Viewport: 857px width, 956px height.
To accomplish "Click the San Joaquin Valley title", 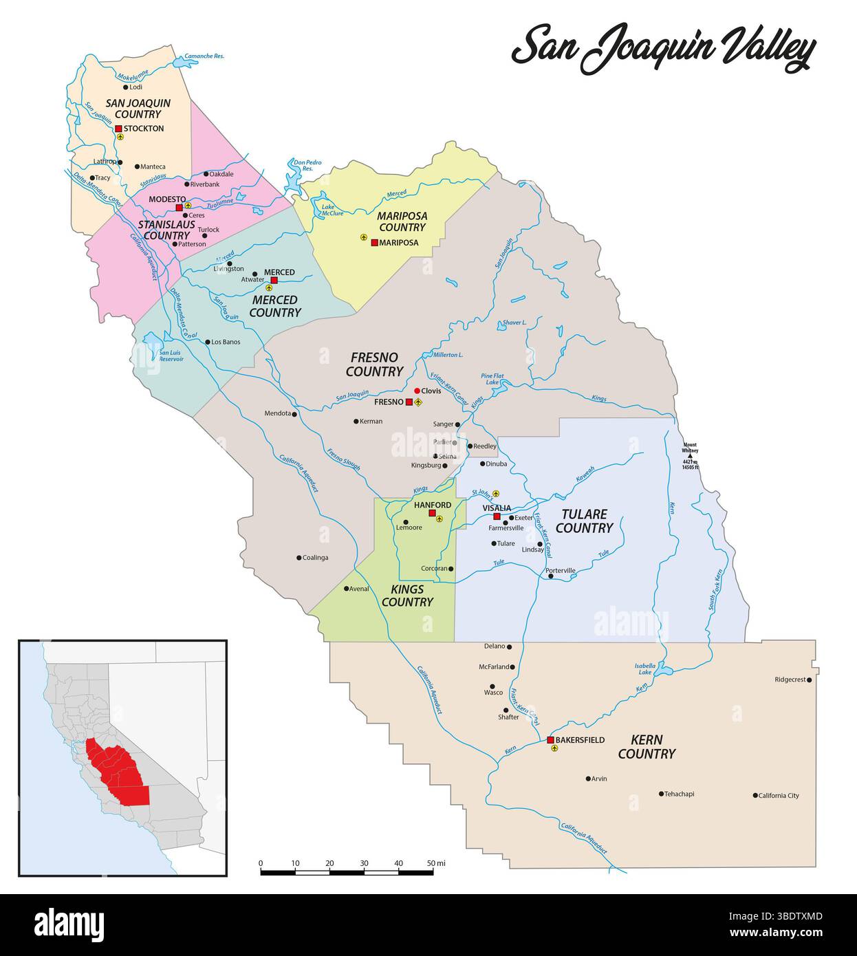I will (x=664, y=48).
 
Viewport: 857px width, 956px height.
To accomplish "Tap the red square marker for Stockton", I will (x=118, y=129).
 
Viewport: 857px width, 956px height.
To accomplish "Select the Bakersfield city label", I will (x=580, y=740).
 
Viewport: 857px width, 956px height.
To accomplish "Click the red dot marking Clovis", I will (x=417, y=391).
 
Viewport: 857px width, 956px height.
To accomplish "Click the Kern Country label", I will (x=647, y=747).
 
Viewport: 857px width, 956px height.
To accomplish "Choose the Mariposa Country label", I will (x=402, y=221).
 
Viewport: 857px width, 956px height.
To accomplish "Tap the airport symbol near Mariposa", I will (x=364, y=237).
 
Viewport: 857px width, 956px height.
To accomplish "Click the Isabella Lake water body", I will (x=661, y=669).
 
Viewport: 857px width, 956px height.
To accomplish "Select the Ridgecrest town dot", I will (x=810, y=680).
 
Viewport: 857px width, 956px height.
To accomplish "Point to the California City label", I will (x=779, y=796).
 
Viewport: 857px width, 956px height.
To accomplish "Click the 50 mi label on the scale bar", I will (x=436, y=862).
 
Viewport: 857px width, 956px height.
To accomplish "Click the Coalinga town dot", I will (x=299, y=558).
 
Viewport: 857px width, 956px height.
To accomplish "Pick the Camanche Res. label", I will (x=205, y=56).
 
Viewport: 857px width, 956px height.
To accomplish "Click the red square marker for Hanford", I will (x=432, y=513).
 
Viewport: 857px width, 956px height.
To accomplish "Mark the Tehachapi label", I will (x=679, y=794).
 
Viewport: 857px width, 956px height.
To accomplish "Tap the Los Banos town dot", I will (x=207, y=342).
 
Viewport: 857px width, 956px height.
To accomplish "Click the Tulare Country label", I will (x=584, y=521).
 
